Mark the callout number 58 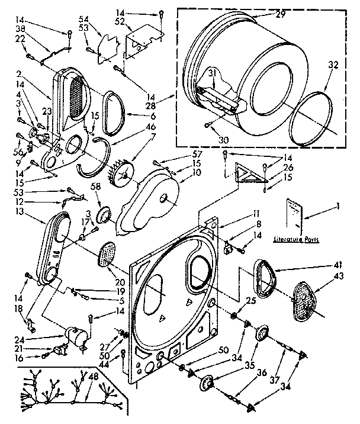click(x=95, y=187)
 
